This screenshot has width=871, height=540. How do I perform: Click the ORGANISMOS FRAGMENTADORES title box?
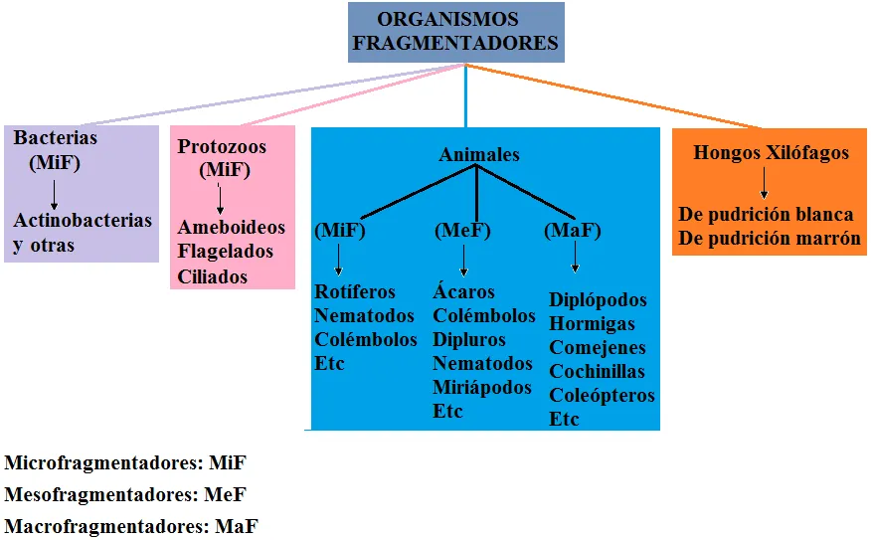456,32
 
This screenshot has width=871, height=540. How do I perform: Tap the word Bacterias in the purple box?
55,137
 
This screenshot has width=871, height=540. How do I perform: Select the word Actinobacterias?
83,220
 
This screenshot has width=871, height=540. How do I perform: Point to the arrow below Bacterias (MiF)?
54,195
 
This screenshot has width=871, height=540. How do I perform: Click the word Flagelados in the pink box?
225,252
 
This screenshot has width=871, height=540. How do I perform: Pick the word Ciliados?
212,276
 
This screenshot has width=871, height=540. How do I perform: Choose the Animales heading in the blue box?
479,154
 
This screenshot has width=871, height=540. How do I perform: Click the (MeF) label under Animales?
462,230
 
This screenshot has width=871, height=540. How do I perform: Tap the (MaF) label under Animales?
572,230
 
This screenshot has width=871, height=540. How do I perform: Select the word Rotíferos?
354,291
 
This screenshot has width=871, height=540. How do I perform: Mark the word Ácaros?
463,290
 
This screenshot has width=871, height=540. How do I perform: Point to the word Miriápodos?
482,387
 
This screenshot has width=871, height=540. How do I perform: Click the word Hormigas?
592,323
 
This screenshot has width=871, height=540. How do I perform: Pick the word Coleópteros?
602,395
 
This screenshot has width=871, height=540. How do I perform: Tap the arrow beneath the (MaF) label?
575,257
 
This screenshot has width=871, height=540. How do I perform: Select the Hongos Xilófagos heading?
771,153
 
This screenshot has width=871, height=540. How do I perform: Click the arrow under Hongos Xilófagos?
765,183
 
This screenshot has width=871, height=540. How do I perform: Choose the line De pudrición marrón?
770,239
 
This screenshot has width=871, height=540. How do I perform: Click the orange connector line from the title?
613,96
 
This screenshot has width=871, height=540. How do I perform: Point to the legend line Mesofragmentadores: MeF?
124,494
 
